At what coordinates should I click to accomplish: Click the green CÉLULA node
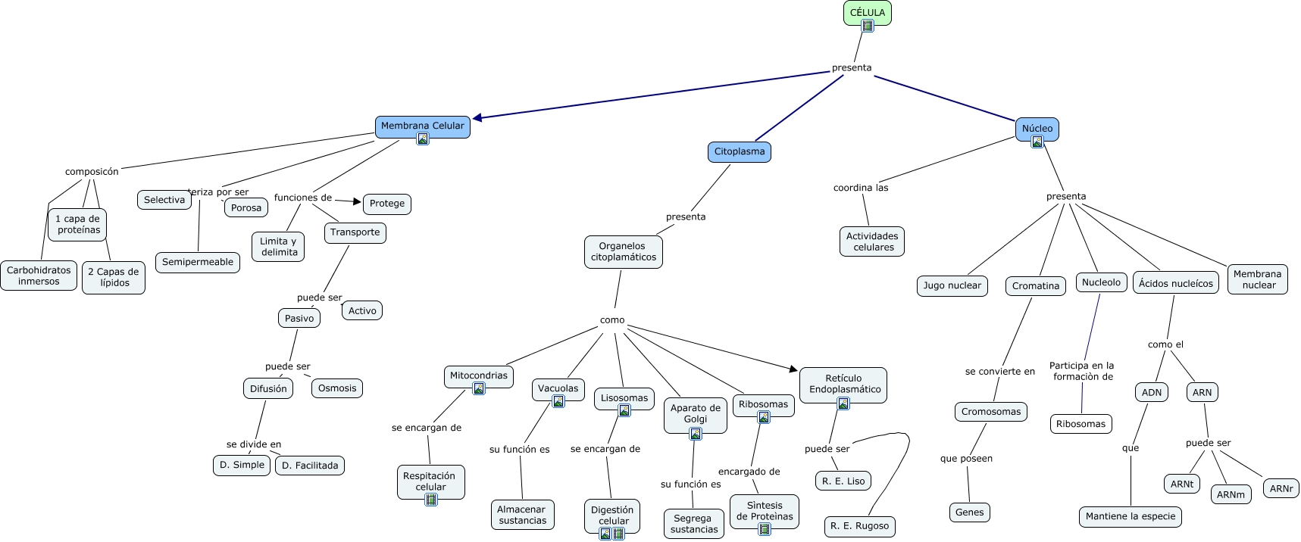pyautogui.click(x=867, y=12)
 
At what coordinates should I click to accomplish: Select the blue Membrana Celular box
pyautogui.click(x=422, y=126)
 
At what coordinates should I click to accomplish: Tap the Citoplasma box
pyautogui.click(x=740, y=151)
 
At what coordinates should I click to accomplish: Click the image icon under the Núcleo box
pyautogui.click(x=1037, y=142)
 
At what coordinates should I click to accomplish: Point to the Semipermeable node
pyautogui.click(x=198, y=262)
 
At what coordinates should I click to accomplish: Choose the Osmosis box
pyautogui.click(x=337, y=388)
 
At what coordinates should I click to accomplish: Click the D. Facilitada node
pyautogui.click(x=310, y=466)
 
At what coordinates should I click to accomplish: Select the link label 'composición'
pyautogui.click(x=92, y=172)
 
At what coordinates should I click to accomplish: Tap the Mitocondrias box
pyautogui.click(x=479, y=375)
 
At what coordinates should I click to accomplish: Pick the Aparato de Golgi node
pyautogui.click(x=696, y=413)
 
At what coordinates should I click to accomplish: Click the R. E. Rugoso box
pyautogui.click(x=859, y=526)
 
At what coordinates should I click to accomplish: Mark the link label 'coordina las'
pyautogui.click(x=861, y=188)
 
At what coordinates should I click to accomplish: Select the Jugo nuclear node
pyautogui.click(x=952, y=285)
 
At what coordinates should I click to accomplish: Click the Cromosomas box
pyautogui.click(x=991, y=412)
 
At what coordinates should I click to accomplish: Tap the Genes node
pyautogui.click(x=969, y=512)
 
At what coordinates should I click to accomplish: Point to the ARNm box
pyautogui.click(x=1231, y=495)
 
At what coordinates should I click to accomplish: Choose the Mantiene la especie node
pyautogui.click(x=1131, y=516)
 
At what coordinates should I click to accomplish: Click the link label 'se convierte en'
pyautogui.click(x=999, y=372)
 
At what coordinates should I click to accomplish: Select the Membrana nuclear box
pyautogui.click(x=1258, y=279)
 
